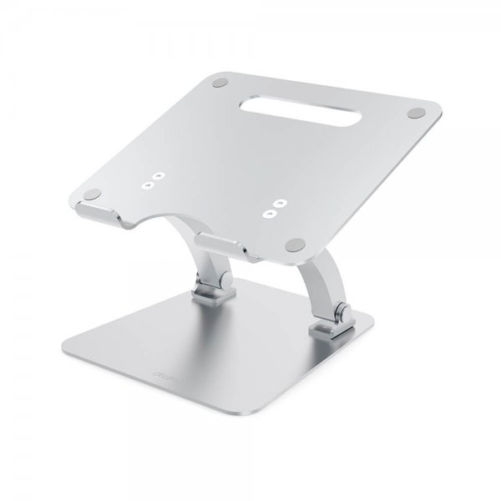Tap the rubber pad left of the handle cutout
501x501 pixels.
click(x=220, y=83)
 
